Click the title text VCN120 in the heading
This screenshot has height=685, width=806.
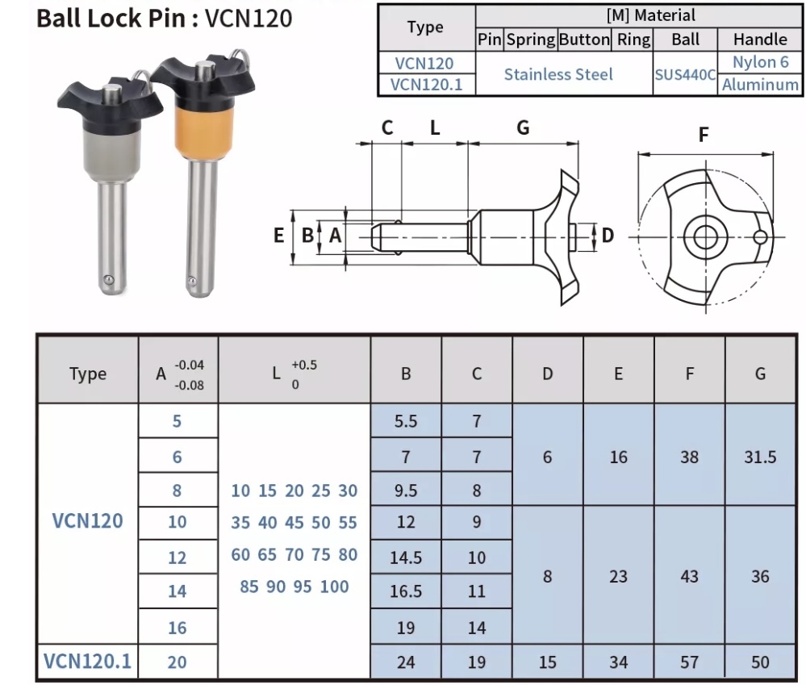coord(248,18)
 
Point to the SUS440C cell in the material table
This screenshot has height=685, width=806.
coord(685,74)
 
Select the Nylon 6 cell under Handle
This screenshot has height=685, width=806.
coord(760,62)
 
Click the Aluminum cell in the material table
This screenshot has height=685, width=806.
coord(760,85)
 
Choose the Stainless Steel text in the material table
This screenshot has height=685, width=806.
coord(558,74)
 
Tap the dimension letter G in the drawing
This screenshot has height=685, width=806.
coord(523,127)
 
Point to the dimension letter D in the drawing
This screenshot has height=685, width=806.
coord(608,235)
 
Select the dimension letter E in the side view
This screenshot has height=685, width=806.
coord(279,236)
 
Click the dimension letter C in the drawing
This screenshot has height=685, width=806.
coord(387,127)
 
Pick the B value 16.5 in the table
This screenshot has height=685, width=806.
coord(406,591)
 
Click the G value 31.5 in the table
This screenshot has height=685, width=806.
coord(760,457)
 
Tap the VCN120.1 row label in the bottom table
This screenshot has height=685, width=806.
coord(87,662)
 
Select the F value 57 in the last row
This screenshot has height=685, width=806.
coord(689,662)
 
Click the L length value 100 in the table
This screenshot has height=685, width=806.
coord(334,587)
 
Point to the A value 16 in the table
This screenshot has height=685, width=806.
coord(177,628)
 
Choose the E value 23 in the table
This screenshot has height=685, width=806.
coord(618,576)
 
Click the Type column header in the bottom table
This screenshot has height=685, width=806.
coord(87,374)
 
